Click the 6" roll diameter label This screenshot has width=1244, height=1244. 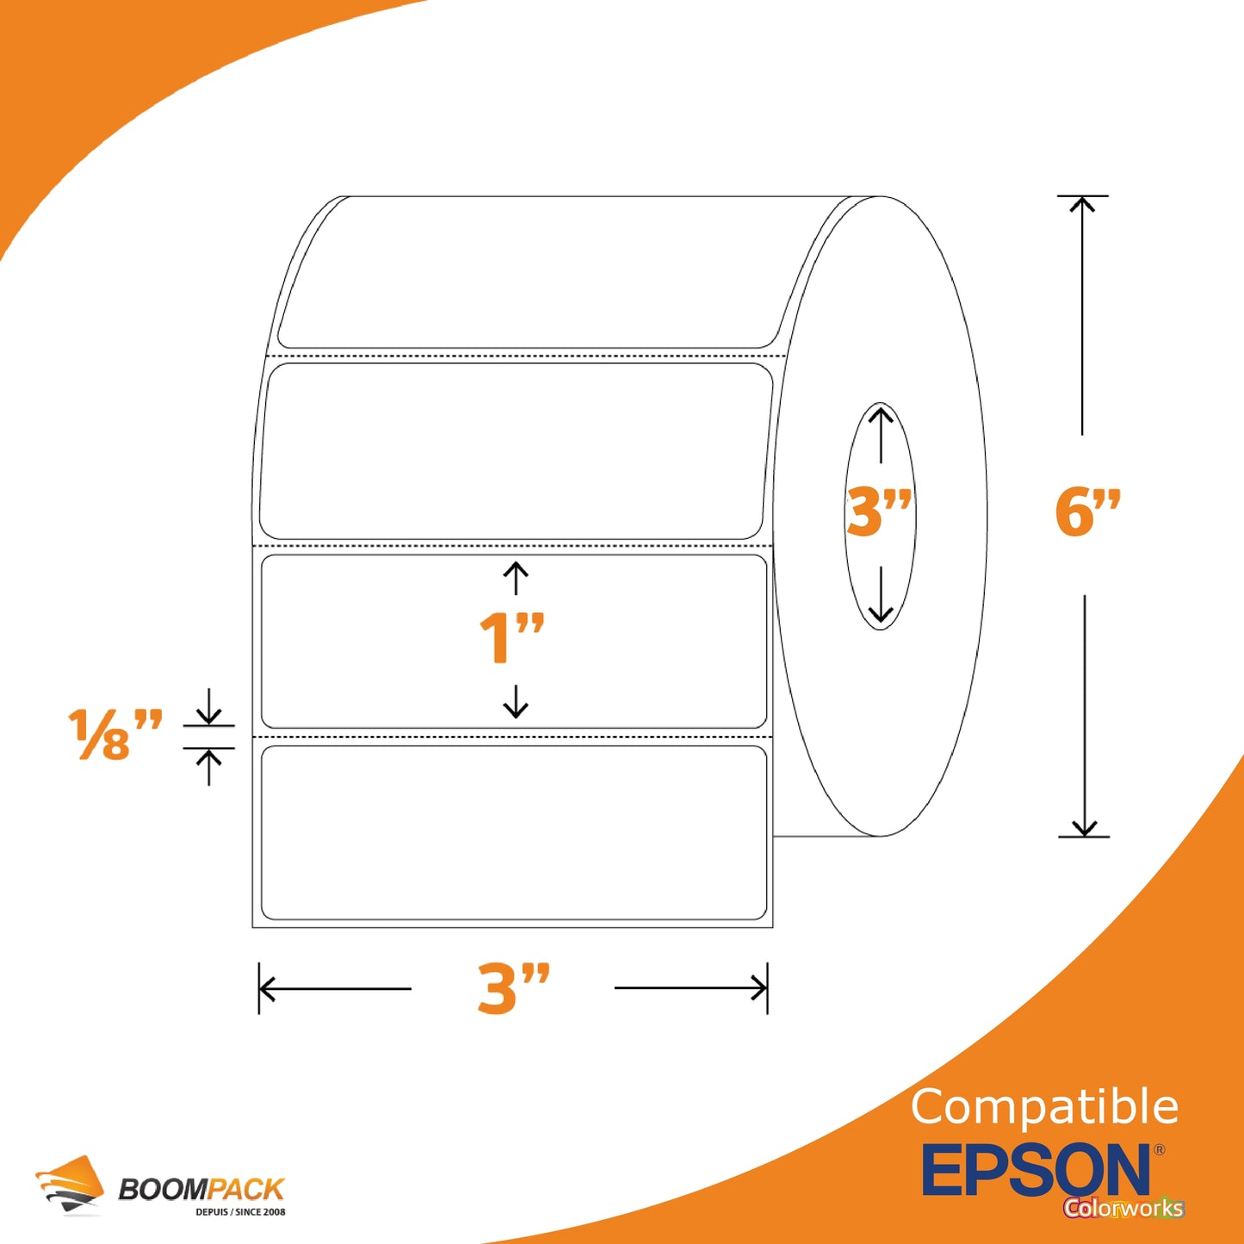tap(1088, 513)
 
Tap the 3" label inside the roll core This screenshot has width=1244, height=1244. tap(879, 513)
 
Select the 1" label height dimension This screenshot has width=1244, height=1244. tap(512, 638)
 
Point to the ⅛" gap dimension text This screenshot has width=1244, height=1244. tap(114, 734)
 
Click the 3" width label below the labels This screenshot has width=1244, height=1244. tap(513, 988)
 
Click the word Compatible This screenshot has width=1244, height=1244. tap(1044, 1106)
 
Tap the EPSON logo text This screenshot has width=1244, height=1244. tap(1036, 1170)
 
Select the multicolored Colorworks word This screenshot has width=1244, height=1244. tap(1123, 1207)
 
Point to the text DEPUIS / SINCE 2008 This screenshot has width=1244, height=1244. tap(240, 1212)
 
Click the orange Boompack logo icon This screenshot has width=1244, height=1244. tap(70, 1185)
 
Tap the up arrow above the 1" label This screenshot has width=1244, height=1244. tap(515, 579)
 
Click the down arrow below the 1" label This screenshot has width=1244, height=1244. tap(515, 701)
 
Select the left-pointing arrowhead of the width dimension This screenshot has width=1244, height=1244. tap(267, 988)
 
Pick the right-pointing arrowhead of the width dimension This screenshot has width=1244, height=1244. tap(760, 988)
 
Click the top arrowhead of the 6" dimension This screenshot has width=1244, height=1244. tap(1082, 204)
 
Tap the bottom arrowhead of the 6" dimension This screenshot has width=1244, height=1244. tap(1085, 828)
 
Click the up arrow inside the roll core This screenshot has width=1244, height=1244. tap(881, 435)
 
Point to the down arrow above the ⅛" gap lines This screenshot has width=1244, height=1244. tap(208, 707)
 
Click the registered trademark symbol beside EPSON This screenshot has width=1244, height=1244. tap(1159, 1150)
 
